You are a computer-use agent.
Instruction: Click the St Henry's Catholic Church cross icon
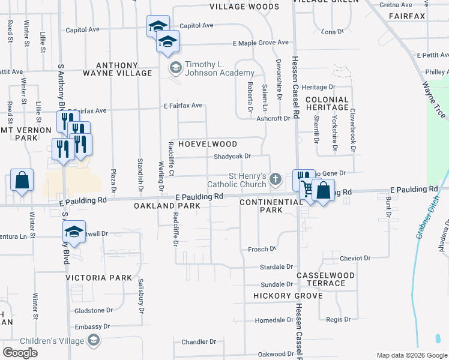click(x=276, y=178)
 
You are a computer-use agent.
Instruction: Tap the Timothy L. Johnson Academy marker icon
click(x=176, y=67)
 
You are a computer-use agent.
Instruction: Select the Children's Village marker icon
click(x=93, y=341)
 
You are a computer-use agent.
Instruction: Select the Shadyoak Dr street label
click(x=232, y=157)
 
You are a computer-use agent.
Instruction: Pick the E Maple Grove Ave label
click(x=261, y=43)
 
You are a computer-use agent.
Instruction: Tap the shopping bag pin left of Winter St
click(x=22, y=181)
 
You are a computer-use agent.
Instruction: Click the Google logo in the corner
click(x=20, y=353)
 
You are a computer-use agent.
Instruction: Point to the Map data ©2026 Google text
click(x=411, y=355)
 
